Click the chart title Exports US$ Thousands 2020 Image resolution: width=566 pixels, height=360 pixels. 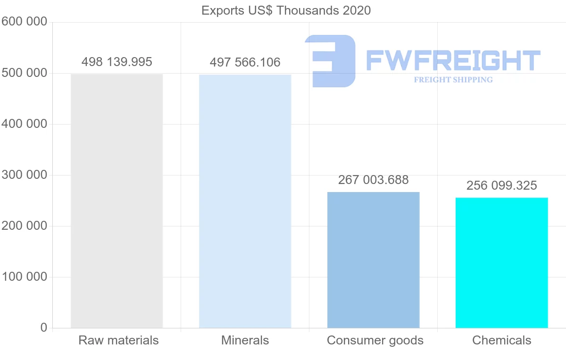[286, 10]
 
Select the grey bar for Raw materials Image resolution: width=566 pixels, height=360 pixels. [117, 201]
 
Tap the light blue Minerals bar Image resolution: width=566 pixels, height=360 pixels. [245, 201]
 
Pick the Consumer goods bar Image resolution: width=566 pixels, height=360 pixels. [373, 260]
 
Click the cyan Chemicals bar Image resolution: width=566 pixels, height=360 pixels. [501, 262]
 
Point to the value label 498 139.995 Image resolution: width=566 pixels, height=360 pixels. [117, 62]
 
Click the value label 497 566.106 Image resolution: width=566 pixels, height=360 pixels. [245, 62]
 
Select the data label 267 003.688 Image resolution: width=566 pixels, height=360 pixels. [373, 180]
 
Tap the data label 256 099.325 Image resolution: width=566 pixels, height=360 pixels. [501, 185]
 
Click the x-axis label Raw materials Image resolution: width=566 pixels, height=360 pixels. [118, 340]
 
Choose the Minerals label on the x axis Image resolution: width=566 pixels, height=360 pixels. [245, 340]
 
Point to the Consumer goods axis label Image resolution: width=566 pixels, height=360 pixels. [375, 340]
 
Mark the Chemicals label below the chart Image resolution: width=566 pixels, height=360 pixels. [501, 340]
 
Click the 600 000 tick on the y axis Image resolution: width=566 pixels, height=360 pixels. [25, 22]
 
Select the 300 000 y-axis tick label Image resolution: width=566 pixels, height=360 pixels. [25, 175]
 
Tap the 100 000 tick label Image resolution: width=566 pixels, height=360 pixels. [25, 276]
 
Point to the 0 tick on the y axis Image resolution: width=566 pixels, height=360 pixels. [44, 327]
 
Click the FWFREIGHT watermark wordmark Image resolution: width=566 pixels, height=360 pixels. [453, 60]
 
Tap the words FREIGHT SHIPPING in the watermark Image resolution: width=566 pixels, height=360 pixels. [453, 80]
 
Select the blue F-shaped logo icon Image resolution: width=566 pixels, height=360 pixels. [330, 60]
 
